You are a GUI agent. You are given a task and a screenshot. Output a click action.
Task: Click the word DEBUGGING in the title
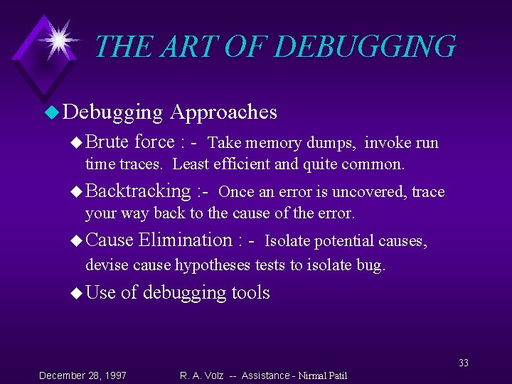(x=364, y=47)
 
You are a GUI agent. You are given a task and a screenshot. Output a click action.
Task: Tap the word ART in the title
(x=186, y=47)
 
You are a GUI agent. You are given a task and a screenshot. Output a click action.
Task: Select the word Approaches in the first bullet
(x=224, y=112)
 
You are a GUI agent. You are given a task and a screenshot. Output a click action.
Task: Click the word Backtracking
(x=138, y=191)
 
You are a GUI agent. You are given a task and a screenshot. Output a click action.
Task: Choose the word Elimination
(x=186, y=240)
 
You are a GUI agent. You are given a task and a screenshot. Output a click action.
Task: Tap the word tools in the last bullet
(x=250, y=292)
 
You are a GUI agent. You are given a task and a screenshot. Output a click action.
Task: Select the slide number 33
(x=464, y=363)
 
